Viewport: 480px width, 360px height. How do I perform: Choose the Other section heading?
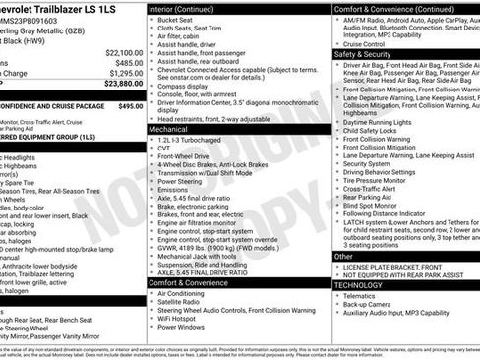coord(343,256)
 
